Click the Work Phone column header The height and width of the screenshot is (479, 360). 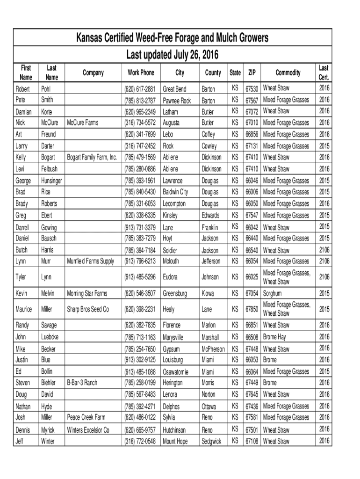tap(141, 73)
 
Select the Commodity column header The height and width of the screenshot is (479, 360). tap(288, 73)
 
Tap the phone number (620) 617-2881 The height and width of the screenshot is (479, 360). tap(140, 89)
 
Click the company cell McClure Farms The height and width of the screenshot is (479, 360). tap(83, 123)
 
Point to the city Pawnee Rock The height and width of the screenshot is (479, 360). tap(177, 101)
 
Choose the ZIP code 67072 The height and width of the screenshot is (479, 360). tap(252, 112)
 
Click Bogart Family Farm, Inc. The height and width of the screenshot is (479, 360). tap(92, 157)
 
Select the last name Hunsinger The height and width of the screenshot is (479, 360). tap(52, 181)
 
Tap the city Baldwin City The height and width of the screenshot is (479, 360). tap(175, 192)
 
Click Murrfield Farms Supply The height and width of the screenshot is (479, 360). tap(91, 261)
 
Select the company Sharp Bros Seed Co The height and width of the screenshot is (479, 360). tap(88, 309)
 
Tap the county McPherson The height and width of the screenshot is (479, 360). tap(213, 349)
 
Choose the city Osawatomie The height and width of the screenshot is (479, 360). tap(176, 372)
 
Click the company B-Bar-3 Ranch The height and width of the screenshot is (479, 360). tap(82, 383)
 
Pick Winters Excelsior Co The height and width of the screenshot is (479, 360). tap(88, 430)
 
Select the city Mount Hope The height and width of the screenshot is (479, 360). tap(175, 441)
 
